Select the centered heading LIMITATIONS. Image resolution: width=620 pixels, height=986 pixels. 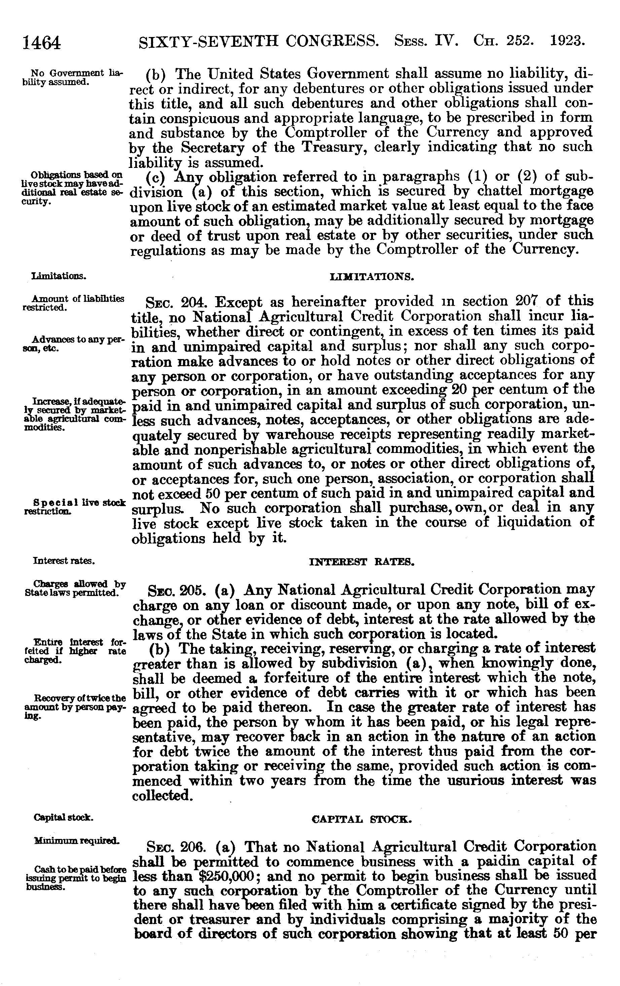(x=372, y=277)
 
